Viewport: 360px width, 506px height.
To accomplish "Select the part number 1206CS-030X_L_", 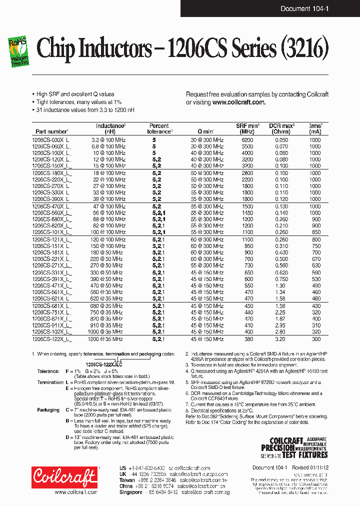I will pos(51,140).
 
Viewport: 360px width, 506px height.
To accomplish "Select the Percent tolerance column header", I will pos(159,128).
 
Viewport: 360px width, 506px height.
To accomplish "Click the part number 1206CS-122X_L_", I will pos(51,338).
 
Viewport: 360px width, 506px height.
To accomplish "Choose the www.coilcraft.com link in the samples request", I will pos(238,102).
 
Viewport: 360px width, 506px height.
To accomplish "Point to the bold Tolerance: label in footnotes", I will pos(49,371).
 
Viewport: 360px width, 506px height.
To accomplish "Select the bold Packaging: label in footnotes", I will pos(48,409).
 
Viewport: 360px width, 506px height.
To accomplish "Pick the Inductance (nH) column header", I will pos(110,128).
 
